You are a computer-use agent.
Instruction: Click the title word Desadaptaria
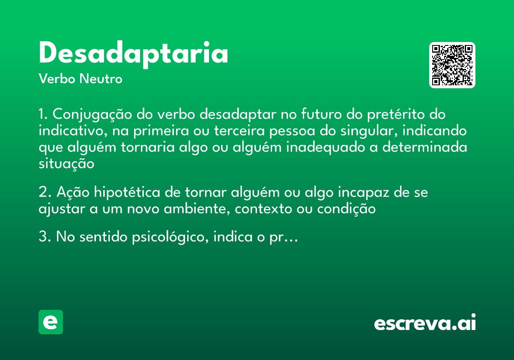click(133, 54)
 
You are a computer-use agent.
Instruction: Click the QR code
click(452, 65)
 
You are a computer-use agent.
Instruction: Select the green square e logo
click(51, 322)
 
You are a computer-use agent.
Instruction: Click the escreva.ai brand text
click(425, 323)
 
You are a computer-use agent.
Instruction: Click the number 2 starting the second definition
click(42, 192)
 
